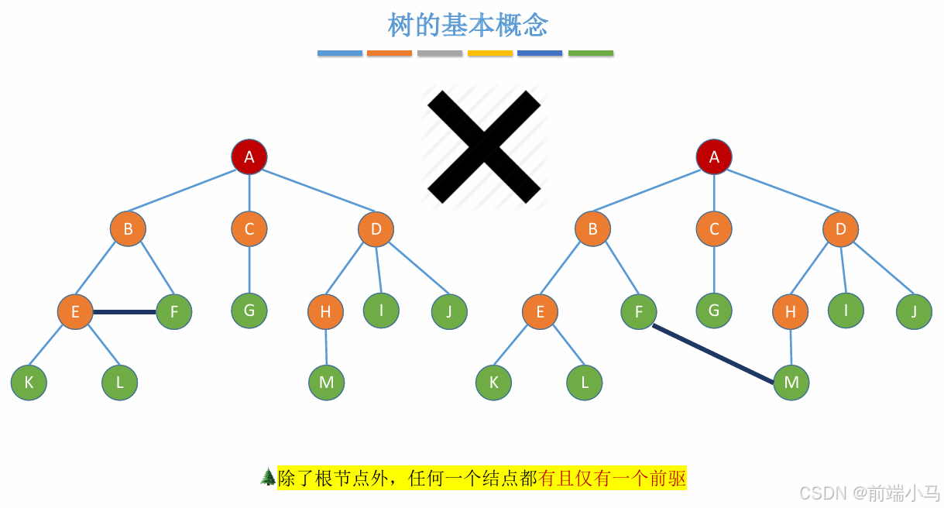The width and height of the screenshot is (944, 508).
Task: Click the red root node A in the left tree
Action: pos(249,157)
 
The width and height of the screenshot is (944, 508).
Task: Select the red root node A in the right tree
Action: pos(714,157)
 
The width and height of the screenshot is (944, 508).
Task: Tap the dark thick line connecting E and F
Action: pos(125,312)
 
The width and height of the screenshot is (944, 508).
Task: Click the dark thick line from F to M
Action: pos(712,354)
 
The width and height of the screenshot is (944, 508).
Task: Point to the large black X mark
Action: pos(484,146)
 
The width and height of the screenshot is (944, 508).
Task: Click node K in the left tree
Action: pos(29,383)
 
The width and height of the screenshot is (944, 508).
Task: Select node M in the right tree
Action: pos(791,383)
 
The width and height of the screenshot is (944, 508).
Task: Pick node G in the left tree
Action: pos(249,311)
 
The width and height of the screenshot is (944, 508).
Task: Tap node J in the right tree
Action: pos(914,312)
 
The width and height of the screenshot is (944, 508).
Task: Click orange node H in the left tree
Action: pos(325,312)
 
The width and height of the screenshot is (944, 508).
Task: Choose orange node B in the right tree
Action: pos(592,229)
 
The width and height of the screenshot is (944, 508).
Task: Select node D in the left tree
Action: pos(376,229)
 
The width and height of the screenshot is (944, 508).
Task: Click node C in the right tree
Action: pos(714,229)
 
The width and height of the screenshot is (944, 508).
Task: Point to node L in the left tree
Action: pos(120,383)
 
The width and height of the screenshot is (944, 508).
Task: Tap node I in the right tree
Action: pos(846,311)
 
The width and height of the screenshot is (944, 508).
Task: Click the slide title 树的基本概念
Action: pos(468,25)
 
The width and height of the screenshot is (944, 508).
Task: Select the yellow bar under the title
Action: pos(490,53)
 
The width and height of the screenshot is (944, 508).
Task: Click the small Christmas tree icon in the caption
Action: pos(268,477)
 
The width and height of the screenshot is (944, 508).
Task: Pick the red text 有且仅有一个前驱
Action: pos(613,479)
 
